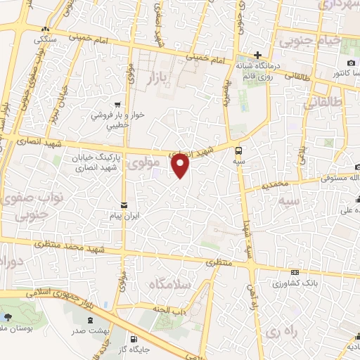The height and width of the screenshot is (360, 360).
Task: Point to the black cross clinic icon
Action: click(258, 55)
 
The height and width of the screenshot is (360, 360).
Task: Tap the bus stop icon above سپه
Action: click(238, 150)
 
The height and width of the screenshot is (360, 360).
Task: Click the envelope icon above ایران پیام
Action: click(124, 205)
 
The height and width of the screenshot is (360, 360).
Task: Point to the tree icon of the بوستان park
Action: click(15, 316)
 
